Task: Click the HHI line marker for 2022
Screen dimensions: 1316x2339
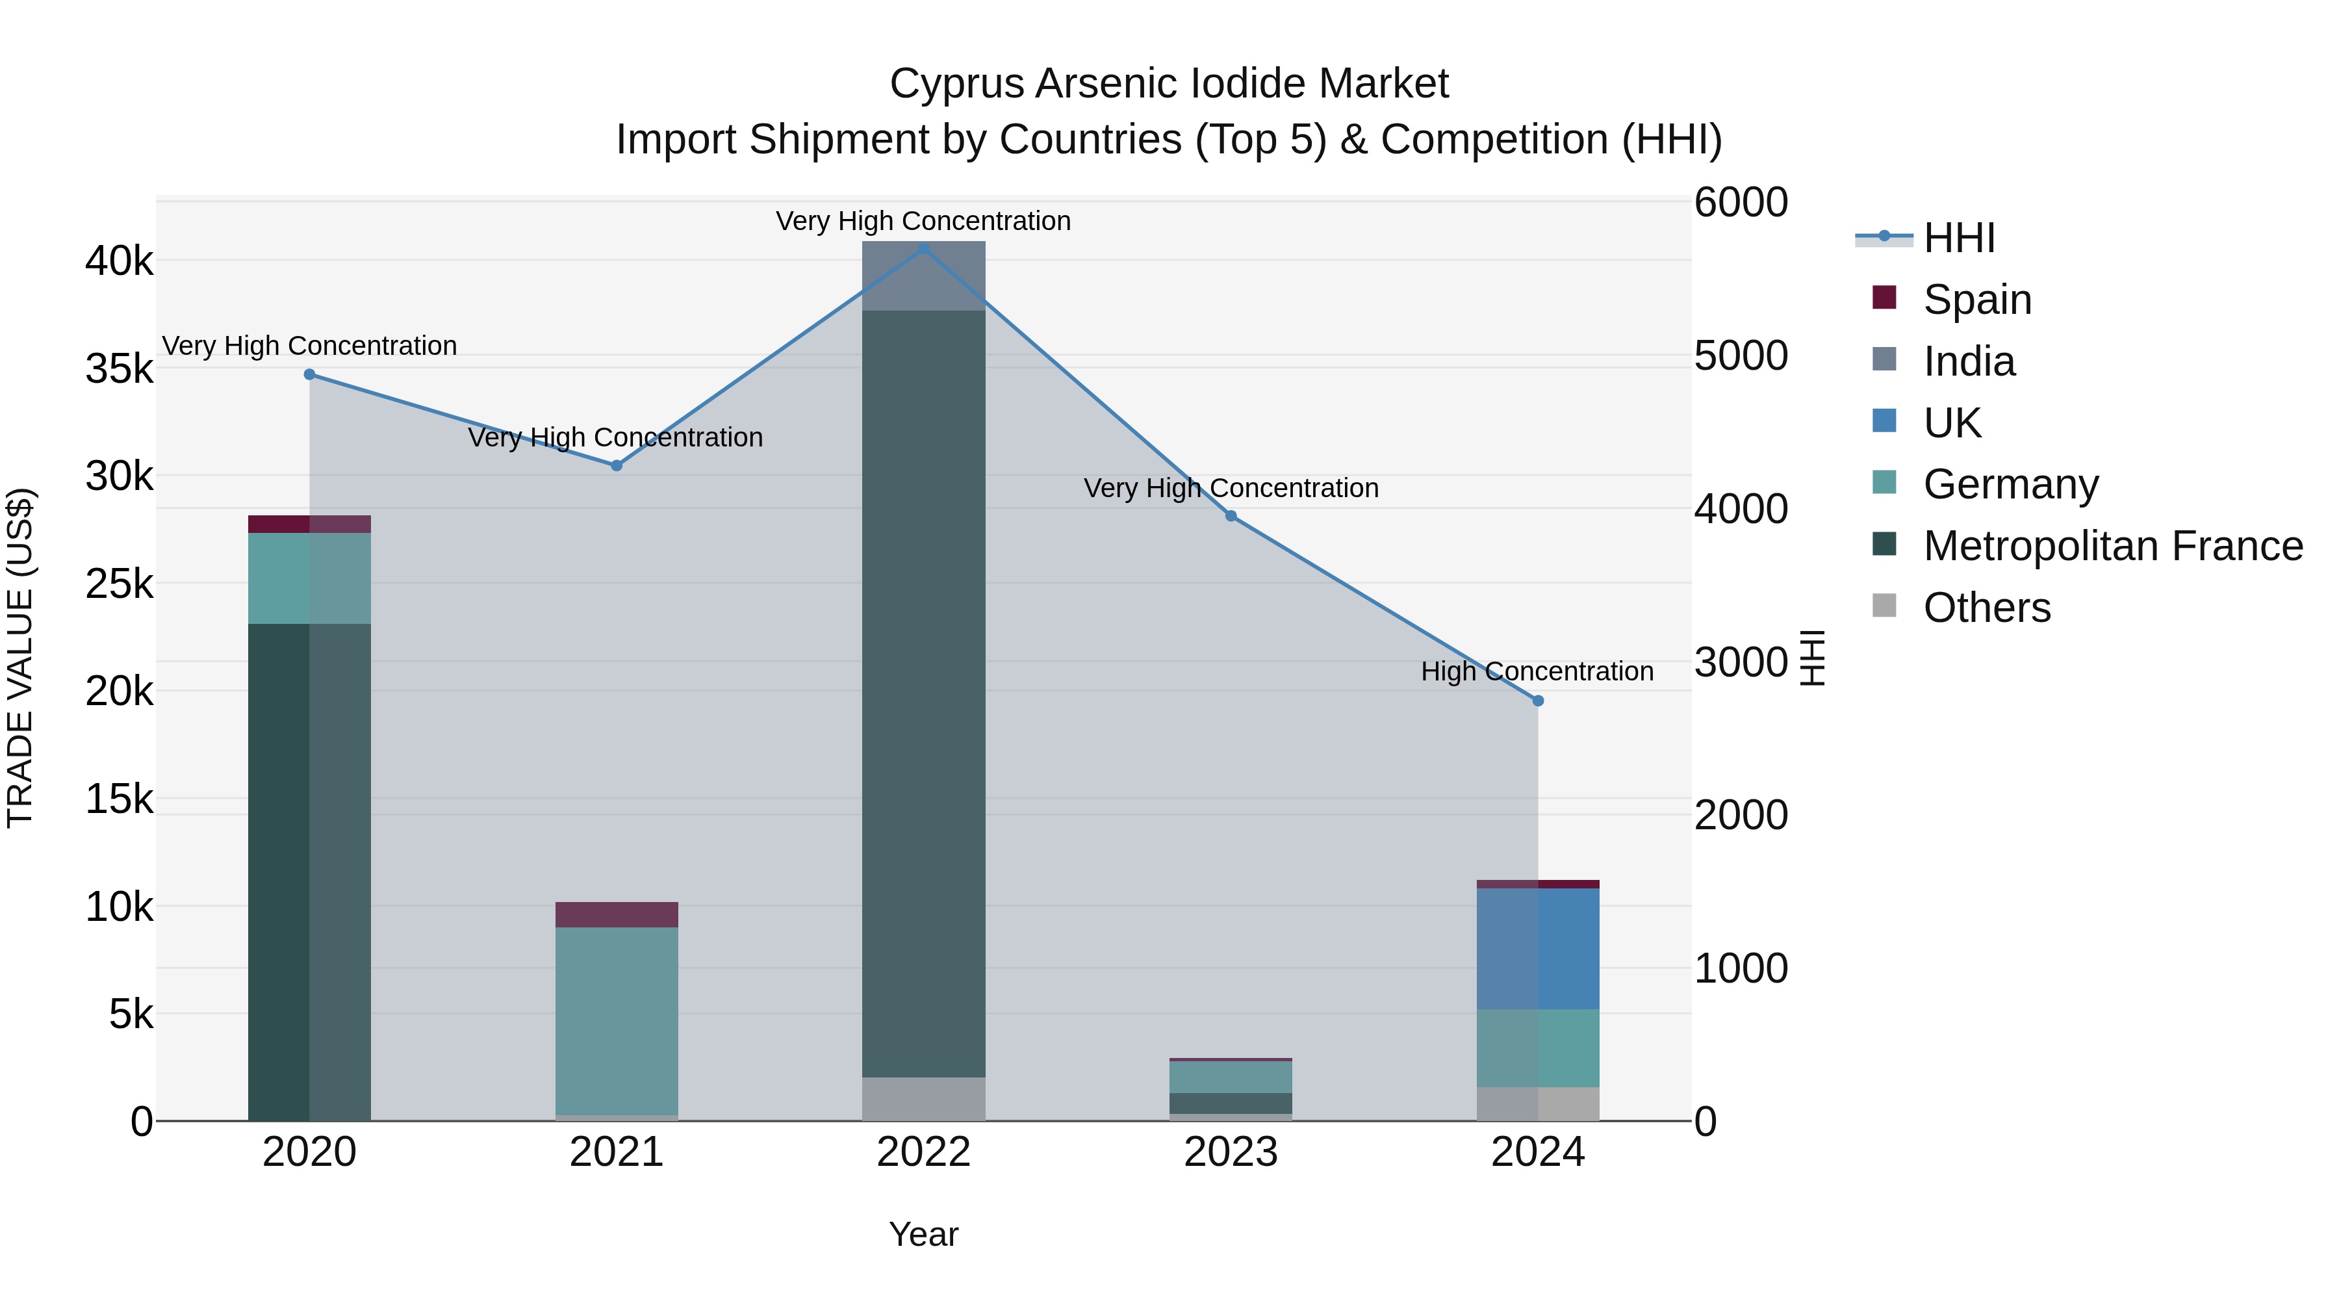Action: click(923, 248)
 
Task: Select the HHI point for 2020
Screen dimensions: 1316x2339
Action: click(310, 374)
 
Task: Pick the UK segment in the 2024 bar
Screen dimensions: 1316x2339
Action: click(1537, 948)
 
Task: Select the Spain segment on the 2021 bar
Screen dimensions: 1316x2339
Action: click(617, 914)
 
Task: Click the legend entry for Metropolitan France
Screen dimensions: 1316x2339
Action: click(2112, 546)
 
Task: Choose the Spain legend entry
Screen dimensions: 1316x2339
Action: click(1976, 300)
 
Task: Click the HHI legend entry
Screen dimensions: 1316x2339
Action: click(1958, 238)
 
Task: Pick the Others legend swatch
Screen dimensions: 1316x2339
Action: click(1884, 606)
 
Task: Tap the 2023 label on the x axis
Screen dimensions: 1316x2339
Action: click(1231, 1152)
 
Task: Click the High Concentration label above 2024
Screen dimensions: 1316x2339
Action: click(1537, 671)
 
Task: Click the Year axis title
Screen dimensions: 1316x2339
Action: click(923, 1234)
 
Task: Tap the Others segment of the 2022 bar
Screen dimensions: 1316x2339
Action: click(923, 1098)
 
